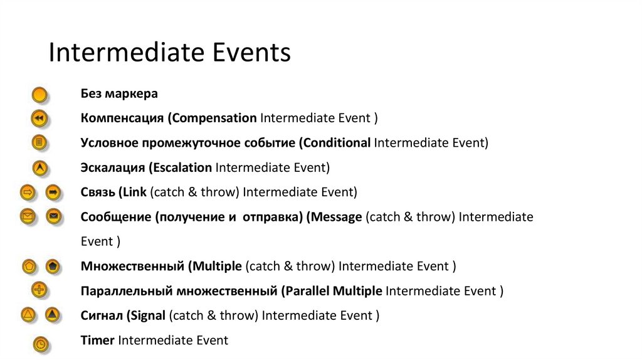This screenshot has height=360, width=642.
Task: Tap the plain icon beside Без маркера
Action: point(39,95)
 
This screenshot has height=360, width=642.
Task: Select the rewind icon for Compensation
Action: point(39,118)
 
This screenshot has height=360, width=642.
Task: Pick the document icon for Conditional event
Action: point(39,143)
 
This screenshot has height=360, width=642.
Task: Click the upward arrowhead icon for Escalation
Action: point(39,168)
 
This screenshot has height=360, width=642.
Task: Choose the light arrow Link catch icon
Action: point(28,192)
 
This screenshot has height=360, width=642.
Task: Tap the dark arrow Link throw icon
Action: point(53,192)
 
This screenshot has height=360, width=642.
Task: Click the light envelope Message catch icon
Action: point(28,216)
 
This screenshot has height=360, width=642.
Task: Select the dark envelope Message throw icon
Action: point(53,216)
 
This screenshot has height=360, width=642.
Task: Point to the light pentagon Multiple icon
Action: point(28,266)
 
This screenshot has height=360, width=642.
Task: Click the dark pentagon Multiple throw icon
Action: point(53,266)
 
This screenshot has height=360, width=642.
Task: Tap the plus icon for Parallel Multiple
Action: point(39,290)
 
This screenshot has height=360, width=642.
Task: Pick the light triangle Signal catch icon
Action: point(28,315)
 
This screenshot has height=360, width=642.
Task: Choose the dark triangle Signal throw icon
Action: point(53,315)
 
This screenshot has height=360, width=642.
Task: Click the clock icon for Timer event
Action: point(41,343)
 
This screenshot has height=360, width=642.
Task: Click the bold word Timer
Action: point(98,341)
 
